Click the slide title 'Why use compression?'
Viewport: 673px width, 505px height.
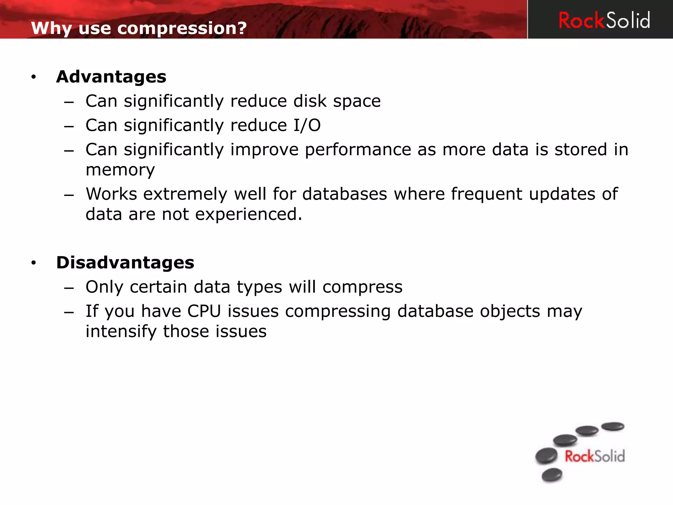pos(139,28)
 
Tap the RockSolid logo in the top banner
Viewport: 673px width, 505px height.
pos(604,20)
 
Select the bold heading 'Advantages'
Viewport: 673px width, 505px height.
pos(111,77)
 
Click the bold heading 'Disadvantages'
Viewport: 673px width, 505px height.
pos(125,262)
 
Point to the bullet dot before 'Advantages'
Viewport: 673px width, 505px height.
pos(33,77)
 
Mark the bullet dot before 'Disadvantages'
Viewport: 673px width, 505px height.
pos(33,263)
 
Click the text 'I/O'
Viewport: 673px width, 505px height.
pos(307,125)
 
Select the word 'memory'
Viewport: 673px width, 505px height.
pos(120,170)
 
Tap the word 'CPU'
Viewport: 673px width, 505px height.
pos(204,311)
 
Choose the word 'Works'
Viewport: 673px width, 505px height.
pos(111,194)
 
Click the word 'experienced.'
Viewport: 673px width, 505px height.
pos(248,214)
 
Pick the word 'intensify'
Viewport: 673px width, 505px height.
pos(121,331)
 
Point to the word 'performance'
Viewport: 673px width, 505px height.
pos(358,150)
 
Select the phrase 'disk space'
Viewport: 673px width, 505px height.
pos(337,101)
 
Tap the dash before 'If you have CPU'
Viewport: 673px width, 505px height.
pos(69,312)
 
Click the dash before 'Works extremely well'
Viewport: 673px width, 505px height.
pos(69,195)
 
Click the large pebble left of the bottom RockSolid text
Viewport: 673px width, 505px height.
pos(546,456)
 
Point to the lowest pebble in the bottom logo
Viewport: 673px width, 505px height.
pos(552,475)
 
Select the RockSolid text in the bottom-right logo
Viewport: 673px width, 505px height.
pos(594,456)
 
